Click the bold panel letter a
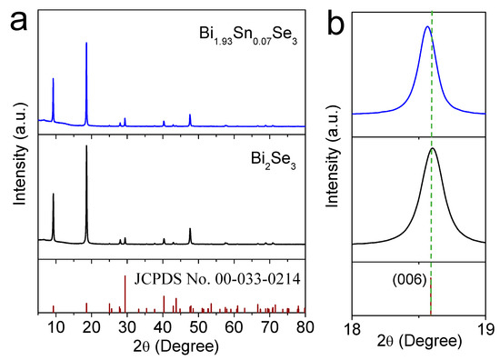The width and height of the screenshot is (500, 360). pos(15,16)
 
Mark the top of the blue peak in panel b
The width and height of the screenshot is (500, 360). pos(427,26)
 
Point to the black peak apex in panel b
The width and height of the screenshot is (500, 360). pos(433,148)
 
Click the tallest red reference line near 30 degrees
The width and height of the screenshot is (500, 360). pos(125,275)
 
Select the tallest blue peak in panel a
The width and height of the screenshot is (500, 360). pos(86,42)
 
